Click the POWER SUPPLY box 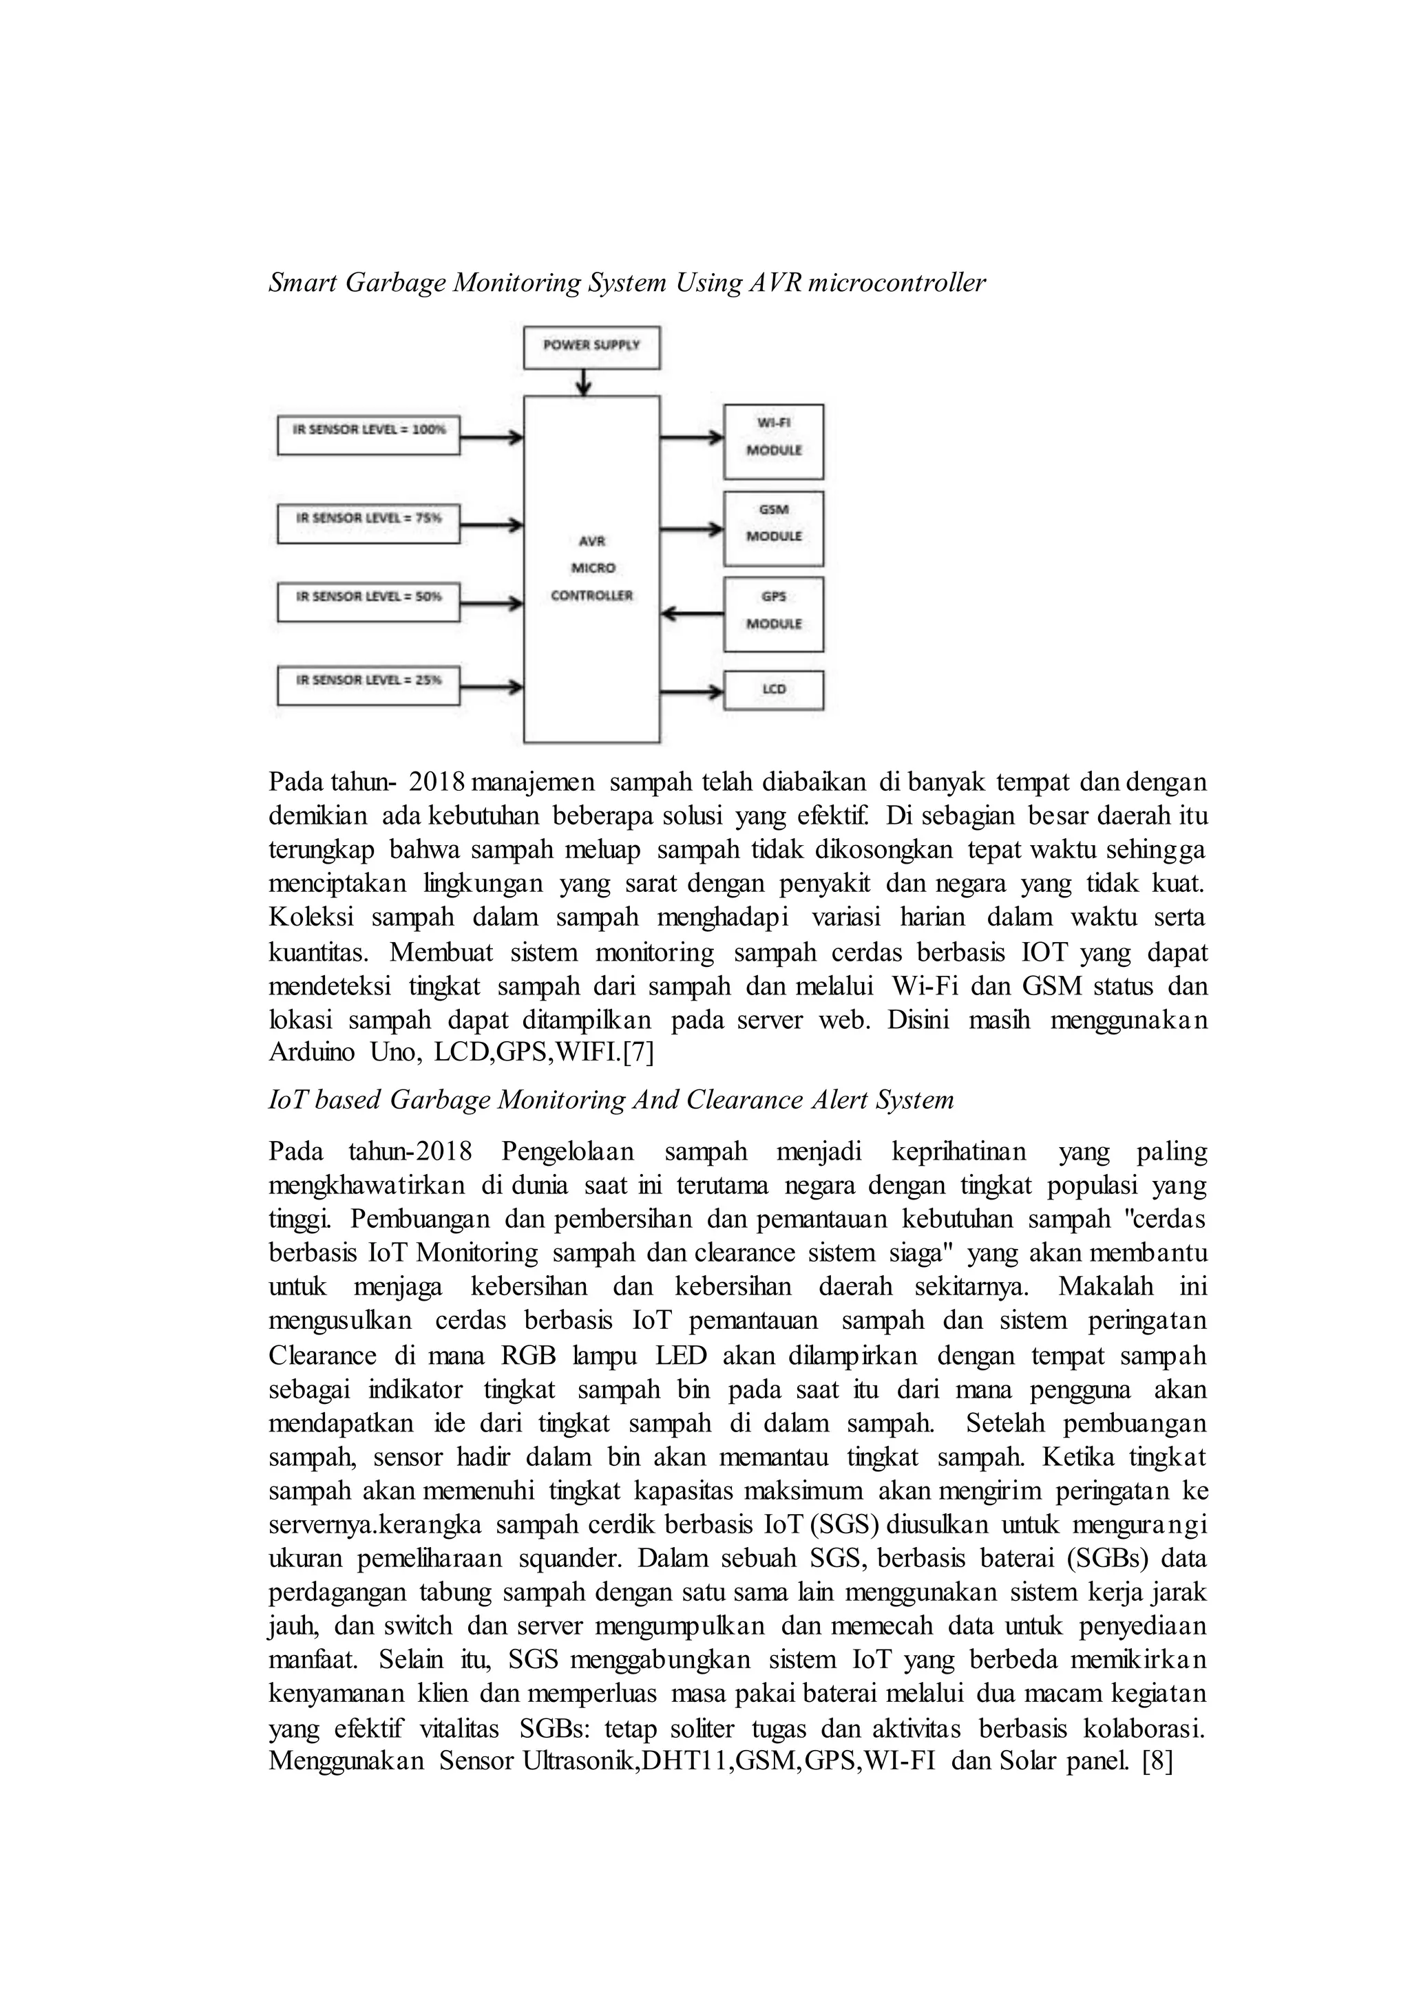pyautogui.click(x=591, y=346)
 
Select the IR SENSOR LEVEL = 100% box pyautogui.click(x=368, y=435)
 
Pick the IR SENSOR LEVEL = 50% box pyautogui.click(x=368, y=601)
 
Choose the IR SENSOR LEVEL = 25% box pyautogui.click(x=368, y=685)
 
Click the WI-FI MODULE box pyautogui.click(x=774, y=441)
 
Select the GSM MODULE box pyautogui.click(x=774, y=528)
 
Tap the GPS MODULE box pyautogui.click(x=774, y=615)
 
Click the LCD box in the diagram pyautogui.click(x=774, y=690)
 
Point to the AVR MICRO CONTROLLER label pyautogui.click(x=591, y=568)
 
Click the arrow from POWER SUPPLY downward pyautogui.click(x=585, y=382)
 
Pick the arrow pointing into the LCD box pyautogui.click(x=692, y=692)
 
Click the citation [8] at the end pyautogui.click(x=1157, y=1761)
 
